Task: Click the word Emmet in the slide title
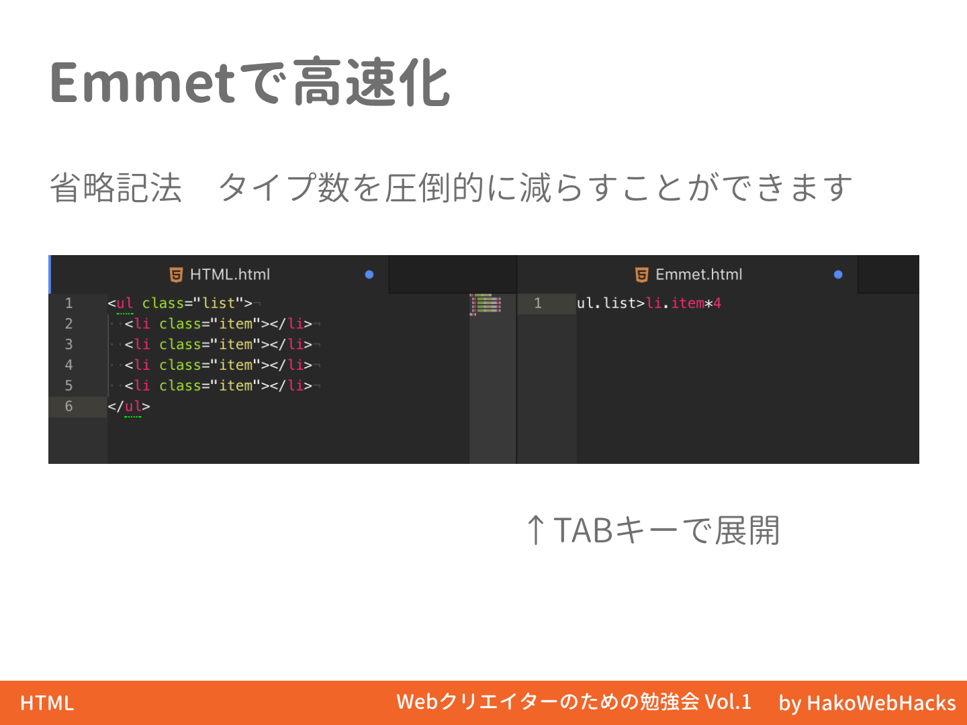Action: click(x=142, y=83)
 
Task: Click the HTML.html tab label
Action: click(x=230, y=275)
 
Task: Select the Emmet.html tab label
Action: click(x=698, y=275)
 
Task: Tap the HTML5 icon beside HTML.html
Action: click(x=176, y=275)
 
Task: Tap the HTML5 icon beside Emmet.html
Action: click(x=641, y=275)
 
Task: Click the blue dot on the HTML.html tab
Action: click(x=369, y=275)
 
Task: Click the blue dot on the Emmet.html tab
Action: click(x=838, y=275)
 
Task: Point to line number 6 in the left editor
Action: click(x=68, y=406)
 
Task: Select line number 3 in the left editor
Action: click(x=68, y=344)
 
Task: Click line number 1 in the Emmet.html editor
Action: click(x=537, y=303)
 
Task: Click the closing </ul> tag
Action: click(x=129, y=406)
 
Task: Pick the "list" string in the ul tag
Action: click(x=218, y=303)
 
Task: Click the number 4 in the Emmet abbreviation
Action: click(x=717, y=303)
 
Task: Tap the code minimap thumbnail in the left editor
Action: click(x=486, y=304)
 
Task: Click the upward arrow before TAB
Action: click(x=535, y=530)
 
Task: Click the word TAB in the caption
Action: click(x=583, y=530)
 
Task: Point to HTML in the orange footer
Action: click(x=47, y=703)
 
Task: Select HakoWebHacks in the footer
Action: click(x=881, y=703)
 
